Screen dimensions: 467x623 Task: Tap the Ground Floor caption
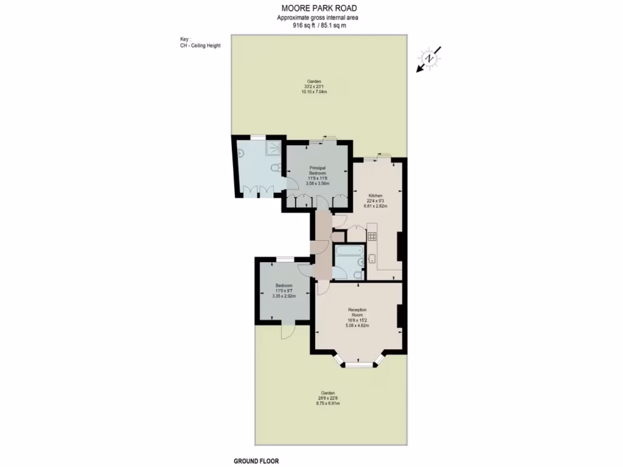click(x=256, y=461)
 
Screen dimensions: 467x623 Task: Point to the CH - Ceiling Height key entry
click(x=200, y=46)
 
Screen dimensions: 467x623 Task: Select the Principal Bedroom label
click(x=317, y=171)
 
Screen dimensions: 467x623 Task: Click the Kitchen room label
click(x=375, y=196)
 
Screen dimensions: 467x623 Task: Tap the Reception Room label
click(x=357, y=313)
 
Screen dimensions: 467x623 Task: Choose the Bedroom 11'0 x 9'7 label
click(x=284, y=286)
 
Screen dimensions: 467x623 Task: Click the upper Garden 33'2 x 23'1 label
click(x=314, y=81)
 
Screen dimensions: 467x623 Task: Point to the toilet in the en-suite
click(x=276, y=167)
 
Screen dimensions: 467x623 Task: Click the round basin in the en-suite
click(x=241, y=153)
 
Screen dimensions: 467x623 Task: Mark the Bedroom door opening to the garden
click(x=286, y=330)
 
